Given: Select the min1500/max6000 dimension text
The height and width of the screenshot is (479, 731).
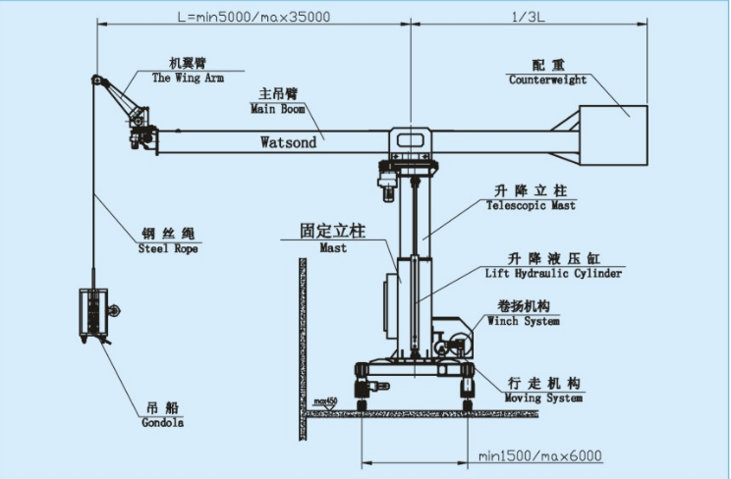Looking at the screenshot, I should [x=539, y=455].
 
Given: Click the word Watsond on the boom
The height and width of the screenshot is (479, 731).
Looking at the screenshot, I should [x=288, y=142].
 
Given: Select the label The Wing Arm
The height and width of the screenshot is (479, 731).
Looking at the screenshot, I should [x=189, y=77].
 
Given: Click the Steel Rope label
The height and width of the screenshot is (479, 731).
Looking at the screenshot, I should [x=168, y=249].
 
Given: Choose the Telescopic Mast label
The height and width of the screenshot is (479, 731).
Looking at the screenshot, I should [x=531, y=206].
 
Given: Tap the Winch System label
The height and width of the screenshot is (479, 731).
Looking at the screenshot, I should [x=524, y=321].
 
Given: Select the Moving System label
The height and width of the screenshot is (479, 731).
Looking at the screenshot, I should [x=543, y=398].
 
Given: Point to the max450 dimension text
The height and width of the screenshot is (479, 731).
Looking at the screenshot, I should [x=325, y=401].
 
